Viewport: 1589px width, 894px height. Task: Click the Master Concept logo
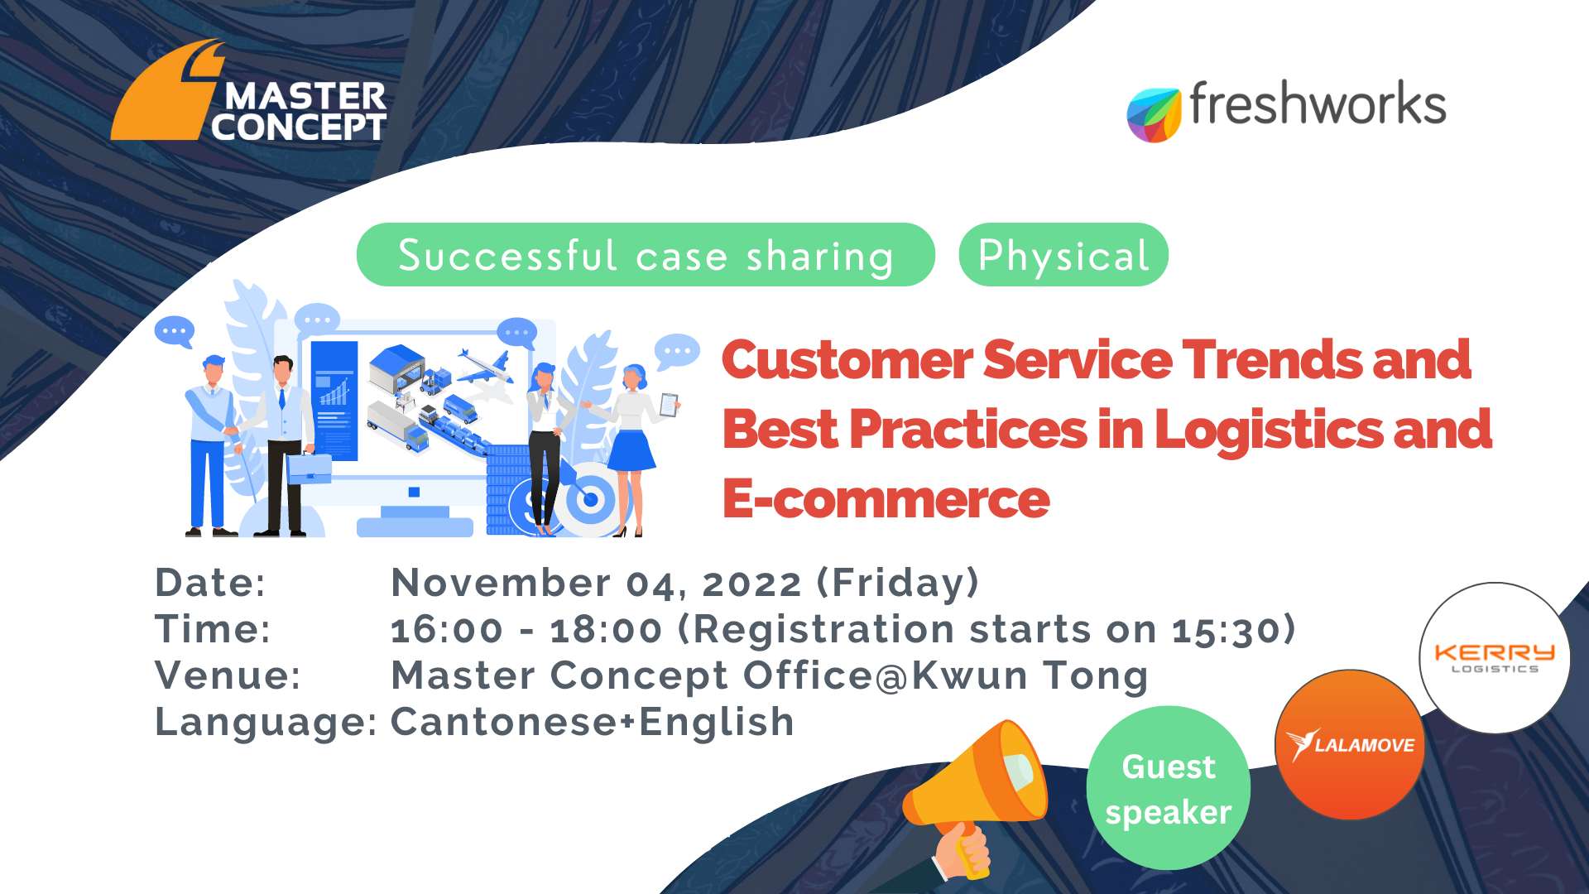point(248,91)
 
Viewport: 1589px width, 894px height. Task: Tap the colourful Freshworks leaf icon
point(1154,115)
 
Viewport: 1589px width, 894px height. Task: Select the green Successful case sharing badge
point(646,255)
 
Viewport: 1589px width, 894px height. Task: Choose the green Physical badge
point(1063,255)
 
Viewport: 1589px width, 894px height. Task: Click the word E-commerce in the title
point(886,499)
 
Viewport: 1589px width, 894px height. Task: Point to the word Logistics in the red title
point(1269,430)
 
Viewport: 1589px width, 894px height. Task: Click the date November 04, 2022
point(596,583)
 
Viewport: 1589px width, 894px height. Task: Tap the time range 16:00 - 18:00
point(526,630)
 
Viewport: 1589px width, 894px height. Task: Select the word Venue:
point(228,675)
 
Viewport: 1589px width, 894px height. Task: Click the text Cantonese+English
point(593,722)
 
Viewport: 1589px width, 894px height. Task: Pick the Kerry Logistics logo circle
point(1495,658)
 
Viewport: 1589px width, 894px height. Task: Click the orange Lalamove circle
point(1350,745)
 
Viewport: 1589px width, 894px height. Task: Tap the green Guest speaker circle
point(1169,788)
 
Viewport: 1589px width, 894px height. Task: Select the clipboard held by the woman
point(669,405)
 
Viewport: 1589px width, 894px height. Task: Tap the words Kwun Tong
point(1030,675)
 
